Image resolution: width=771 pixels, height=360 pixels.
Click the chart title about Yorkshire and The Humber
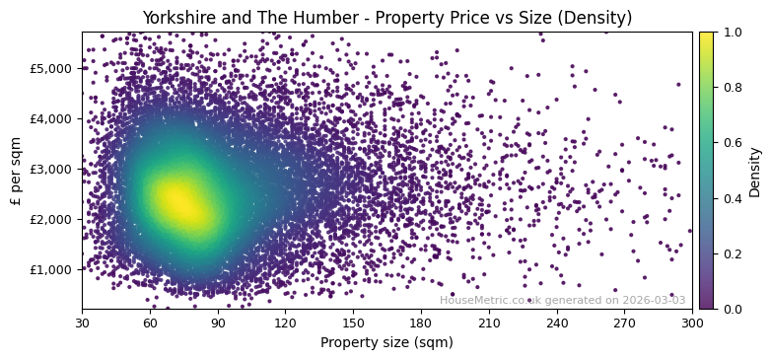(x=386, y=18)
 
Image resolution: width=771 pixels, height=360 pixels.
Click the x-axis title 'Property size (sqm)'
(x=386, y=343)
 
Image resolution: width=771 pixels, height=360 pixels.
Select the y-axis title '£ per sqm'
(x=16, y=171)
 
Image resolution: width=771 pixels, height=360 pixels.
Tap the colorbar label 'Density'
(x=755, y=171)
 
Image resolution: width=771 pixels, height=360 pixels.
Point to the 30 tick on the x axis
(x=82, y=323)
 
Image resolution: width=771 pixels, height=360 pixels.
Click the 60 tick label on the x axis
(x=150, y=323)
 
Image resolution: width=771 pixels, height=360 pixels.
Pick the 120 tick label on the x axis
(x=285, y=323)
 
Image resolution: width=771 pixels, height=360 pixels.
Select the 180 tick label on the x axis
(x=421, y=323)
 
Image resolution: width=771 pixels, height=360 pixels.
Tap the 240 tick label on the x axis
(x=557, y=323)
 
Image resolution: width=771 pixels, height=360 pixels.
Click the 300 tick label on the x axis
(x=692, y=323)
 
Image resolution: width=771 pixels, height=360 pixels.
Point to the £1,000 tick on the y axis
(x=55, y=269)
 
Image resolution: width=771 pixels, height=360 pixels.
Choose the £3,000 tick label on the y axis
(x=55, y=169)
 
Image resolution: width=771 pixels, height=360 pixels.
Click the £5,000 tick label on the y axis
(x=55, y=68)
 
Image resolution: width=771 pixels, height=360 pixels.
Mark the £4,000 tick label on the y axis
(x=55, y=118)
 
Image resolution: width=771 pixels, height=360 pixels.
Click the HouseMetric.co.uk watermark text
(x=562, y=300)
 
